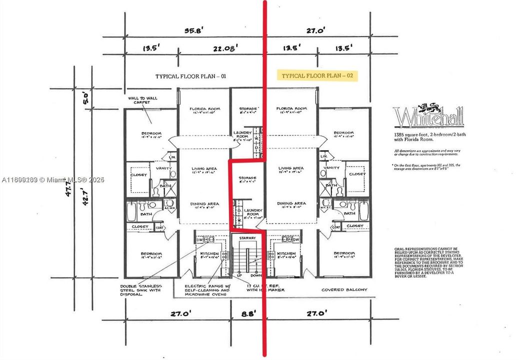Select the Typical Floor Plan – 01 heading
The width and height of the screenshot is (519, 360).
[191, 76]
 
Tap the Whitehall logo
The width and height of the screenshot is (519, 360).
[428, 115]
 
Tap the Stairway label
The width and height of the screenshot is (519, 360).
[247, 238]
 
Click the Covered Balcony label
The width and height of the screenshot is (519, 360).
[344, 289]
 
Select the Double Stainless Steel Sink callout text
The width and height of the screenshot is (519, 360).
[140, 290]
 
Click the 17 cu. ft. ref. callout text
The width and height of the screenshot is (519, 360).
[265, 287]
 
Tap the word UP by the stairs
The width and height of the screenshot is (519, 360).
[239, 275]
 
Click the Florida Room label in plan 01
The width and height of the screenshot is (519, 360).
[202, 109]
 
